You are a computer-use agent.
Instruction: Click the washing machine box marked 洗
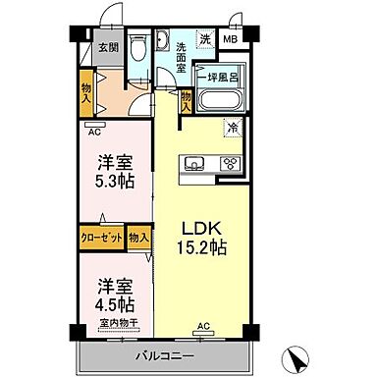(x=205, y=38)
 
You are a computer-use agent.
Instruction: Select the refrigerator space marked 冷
(x=232, y=127)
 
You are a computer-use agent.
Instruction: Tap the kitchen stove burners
(x=231, y=164)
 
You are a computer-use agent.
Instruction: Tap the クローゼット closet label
(x=101, y=237)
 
